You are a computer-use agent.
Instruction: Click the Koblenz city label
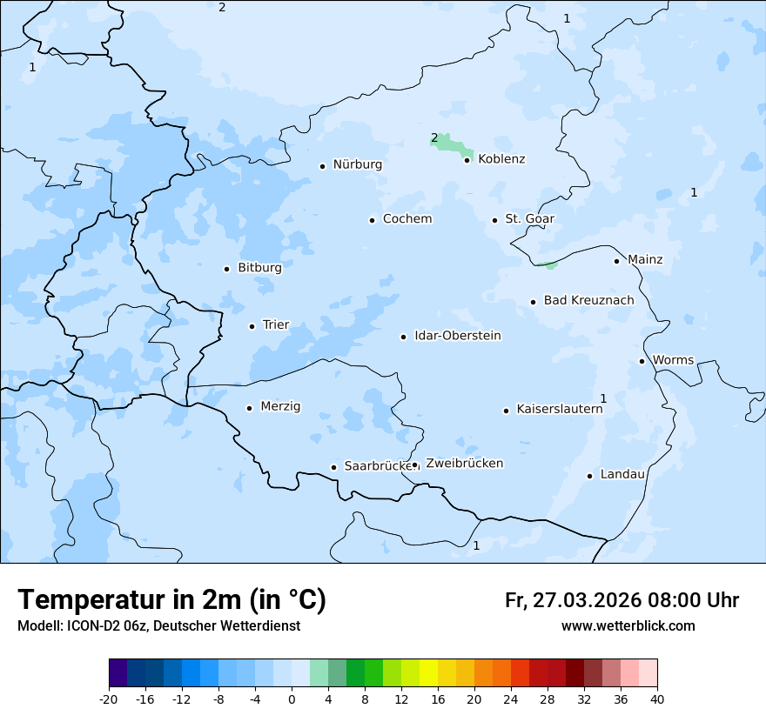tap(501, 159)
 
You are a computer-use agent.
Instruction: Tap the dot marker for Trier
tap(252, 326)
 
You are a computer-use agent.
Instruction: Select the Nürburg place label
tap(357, 164)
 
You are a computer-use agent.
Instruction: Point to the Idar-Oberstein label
tap(458, 336)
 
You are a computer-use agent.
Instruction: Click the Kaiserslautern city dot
tap(506, 411)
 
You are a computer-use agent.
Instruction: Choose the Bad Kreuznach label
tap(588, 300)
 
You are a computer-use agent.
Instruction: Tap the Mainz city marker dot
tap(616, 261)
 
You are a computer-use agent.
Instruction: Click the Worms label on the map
tap(673, 360)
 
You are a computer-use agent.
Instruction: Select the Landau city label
tap(622, 474)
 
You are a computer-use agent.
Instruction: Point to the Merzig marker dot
tap(249, 408)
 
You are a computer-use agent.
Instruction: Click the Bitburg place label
tap(259, 268)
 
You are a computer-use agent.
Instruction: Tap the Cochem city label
tap(407, 219)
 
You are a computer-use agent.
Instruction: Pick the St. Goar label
tap(529, 219)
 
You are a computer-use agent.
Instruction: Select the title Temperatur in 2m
tap(171, 600)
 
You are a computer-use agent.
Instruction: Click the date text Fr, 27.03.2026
tap(573, 600)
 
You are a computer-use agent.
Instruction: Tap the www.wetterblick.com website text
tap(628, 626)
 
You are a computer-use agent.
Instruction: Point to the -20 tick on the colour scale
tap(109, 699)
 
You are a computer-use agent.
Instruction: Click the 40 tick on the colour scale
tap(657, 699)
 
